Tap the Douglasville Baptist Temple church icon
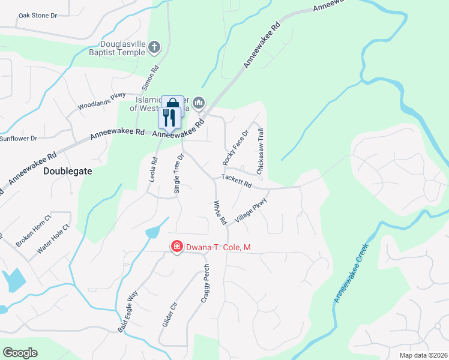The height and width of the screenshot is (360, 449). coord(154,47)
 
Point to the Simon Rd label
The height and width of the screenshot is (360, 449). coord(150,78)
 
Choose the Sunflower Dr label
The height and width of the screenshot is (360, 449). coord(18,138)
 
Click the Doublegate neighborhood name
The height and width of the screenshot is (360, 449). coord(68,171)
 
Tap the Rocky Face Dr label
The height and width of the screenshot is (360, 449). coord(235,148)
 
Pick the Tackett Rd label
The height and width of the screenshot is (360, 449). coord(236,180)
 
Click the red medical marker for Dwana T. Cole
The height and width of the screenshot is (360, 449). coord(176,246)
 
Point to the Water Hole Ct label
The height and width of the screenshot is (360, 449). coord(53,239)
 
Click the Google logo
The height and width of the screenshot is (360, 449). coord(20,353)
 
